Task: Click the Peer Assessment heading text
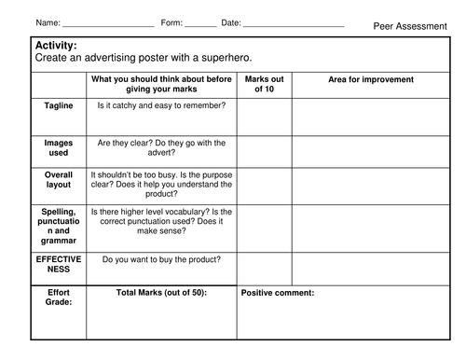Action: coord(409,26)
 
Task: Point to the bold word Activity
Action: coord(56,46)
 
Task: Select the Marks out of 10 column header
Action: coord(265,84)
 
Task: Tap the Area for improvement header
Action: coord(371,80)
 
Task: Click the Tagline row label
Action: coord(59,106)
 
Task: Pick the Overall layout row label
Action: coord(59,179)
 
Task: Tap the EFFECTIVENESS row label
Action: coord(59,264)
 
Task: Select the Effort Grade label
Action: coord(59,297)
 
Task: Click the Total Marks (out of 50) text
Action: coord(161,293)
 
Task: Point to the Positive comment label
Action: coord(278,293)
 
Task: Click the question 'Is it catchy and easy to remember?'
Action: coord(155,106)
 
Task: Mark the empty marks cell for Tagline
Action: coord(265,116)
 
